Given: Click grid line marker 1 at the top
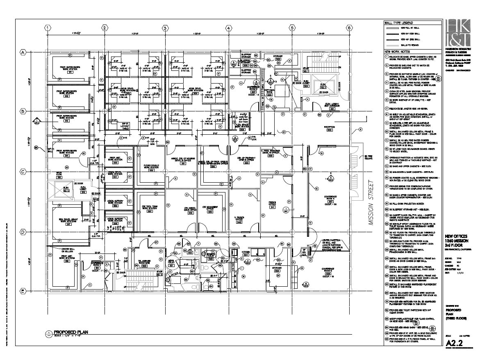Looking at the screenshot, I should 48,28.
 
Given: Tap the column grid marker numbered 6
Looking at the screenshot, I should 349,28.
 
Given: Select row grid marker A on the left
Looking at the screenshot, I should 23,52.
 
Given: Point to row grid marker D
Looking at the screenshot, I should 23,232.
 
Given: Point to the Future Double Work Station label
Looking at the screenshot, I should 152,168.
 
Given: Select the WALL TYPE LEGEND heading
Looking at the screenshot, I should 398,23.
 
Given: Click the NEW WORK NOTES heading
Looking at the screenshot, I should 397,52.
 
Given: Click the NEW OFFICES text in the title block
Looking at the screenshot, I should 456,236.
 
